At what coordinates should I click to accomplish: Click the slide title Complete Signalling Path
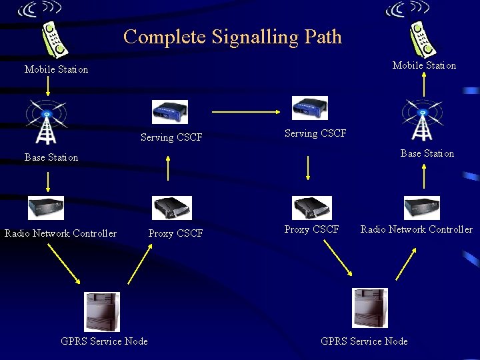232,37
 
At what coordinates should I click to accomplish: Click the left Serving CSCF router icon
170,112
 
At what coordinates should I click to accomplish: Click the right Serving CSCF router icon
310,108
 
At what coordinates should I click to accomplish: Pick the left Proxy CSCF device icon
172,207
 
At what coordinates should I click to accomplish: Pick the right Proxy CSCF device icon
313,207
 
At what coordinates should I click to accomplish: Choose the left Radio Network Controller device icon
46,207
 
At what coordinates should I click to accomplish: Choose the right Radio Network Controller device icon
422,207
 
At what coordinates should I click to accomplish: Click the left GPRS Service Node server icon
103,312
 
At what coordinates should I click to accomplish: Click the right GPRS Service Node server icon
370,307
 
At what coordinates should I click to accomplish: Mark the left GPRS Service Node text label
104,341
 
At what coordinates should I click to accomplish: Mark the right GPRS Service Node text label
364,341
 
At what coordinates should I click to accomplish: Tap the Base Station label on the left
51,158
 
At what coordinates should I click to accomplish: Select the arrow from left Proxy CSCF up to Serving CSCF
168,168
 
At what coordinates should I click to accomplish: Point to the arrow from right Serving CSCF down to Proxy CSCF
307,168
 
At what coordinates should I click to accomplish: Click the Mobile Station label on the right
424,65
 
